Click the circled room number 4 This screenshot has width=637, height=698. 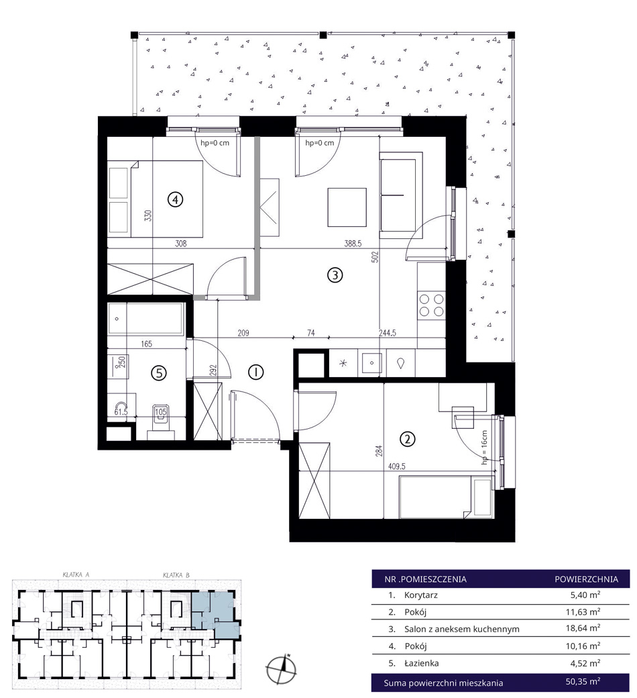(x=175, y=199)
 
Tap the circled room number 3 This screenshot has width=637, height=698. (x=335, y=275)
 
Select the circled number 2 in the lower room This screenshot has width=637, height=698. (x=408, y=440)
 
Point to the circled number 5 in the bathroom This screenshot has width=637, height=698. (x=159, y=372)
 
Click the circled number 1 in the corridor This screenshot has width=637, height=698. (x=255, y=372)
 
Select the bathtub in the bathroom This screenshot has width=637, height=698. (x=146, y=319)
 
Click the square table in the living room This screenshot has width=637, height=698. (x=347, y=207)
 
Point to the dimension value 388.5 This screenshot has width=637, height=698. (x=353, y=244)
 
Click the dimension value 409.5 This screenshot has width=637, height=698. (x=397, y=466)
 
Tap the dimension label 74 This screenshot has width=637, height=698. (x=311, y=332)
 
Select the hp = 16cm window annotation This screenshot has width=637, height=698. (x=484, y=448)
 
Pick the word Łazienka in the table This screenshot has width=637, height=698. (x=421, y=663)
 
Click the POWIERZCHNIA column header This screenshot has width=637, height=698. (x=586, y=579)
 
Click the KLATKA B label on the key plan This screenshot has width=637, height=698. (x=176, y=575)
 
